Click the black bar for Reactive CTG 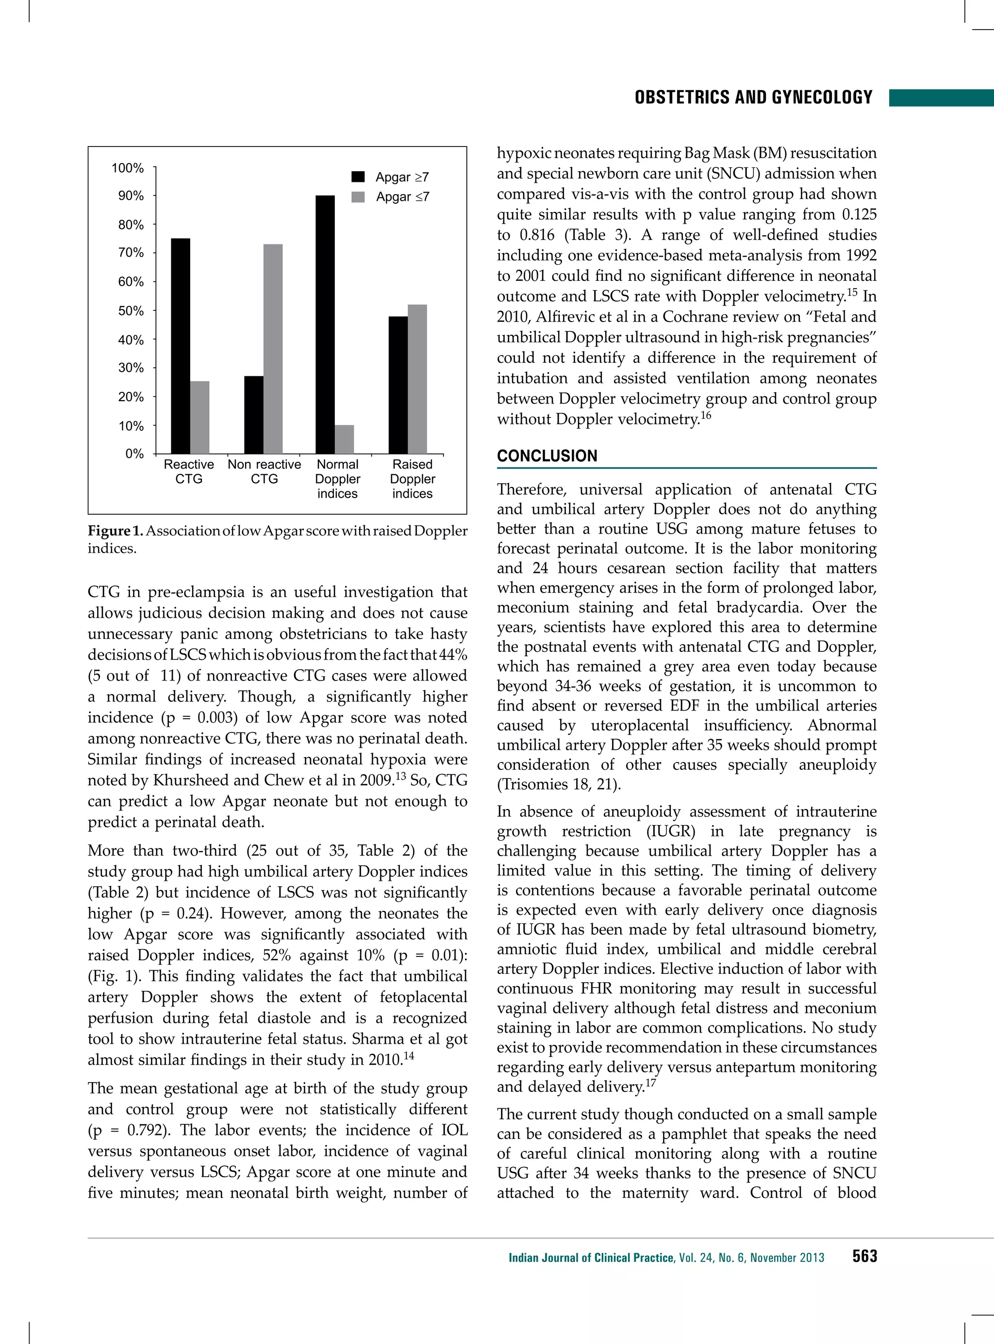coord(181,346)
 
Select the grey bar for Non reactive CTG coord(273,349)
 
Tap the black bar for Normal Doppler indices coord(325,325)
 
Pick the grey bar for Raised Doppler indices coord(417,379)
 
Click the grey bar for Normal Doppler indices coord(344,439)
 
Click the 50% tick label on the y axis coord(131,311)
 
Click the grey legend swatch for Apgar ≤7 coord(358,196)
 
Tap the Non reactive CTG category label coord(264,471)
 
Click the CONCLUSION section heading coord(547,456)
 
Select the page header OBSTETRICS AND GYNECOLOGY coord(753,97)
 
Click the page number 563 coord(864,1256)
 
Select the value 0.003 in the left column coord(218,717)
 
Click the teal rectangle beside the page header coord(941,97)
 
